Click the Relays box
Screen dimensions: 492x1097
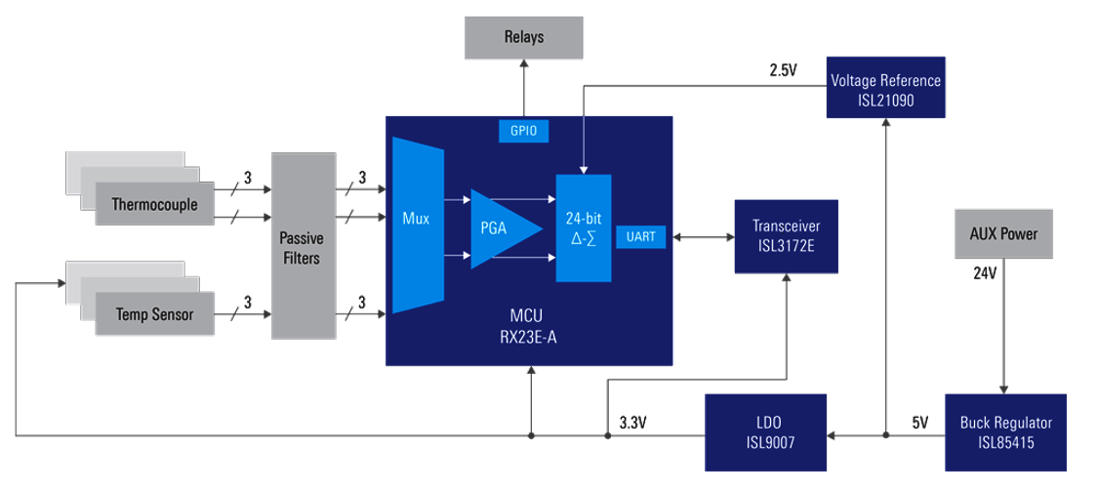click(x=523, y=38)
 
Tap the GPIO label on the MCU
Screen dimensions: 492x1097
click(x=523, y=131)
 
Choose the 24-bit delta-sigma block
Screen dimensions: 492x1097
click(x=583, y=228)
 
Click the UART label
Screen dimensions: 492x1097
click(x=640, y=236)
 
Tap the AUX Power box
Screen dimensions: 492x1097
click(x=1004, y=234)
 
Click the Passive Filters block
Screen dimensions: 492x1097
click(x=301, y=246)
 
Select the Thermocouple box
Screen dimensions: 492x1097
click(x=154, y=205)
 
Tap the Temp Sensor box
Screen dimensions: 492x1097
click(x=154, y=314)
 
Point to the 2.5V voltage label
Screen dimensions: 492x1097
click(x=783, y=71)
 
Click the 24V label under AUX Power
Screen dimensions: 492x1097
click(x=984, y=273)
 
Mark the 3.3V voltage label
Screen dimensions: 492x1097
click(x=635, y=423)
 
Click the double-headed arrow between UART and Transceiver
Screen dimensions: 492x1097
click(x=703, y=237)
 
